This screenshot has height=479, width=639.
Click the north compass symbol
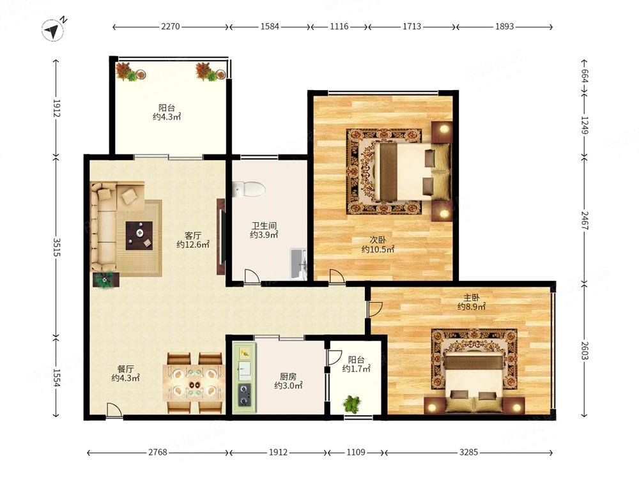coord(54,30)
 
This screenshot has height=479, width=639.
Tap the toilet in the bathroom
coord(249,189)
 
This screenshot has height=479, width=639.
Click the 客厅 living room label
coord(193,236)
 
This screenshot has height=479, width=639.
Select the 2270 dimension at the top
coord(171,26)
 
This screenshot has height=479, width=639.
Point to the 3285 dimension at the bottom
coord(468,452)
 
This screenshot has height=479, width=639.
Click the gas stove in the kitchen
coord(245,395)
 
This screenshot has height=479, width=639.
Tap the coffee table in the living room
coord(139,236)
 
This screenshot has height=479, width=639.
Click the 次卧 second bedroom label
coord(378,240)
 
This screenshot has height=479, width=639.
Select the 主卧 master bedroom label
coord(472,298)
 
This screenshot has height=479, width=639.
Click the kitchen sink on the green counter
coord(245,369)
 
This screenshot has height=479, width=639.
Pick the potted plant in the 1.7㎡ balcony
coord(351,404)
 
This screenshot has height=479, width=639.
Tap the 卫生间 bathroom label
coord(264,225)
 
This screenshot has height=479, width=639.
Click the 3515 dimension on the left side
coord(56,247)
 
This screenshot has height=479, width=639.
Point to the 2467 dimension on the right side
coord(585,220)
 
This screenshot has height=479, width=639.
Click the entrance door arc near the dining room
coord(115,410)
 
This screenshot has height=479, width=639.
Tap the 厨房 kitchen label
coord(288,377)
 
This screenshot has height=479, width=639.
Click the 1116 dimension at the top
coord(339,26)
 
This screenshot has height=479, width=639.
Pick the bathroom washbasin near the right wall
coord(298,264)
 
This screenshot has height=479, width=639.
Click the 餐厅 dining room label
coord(125,369)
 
